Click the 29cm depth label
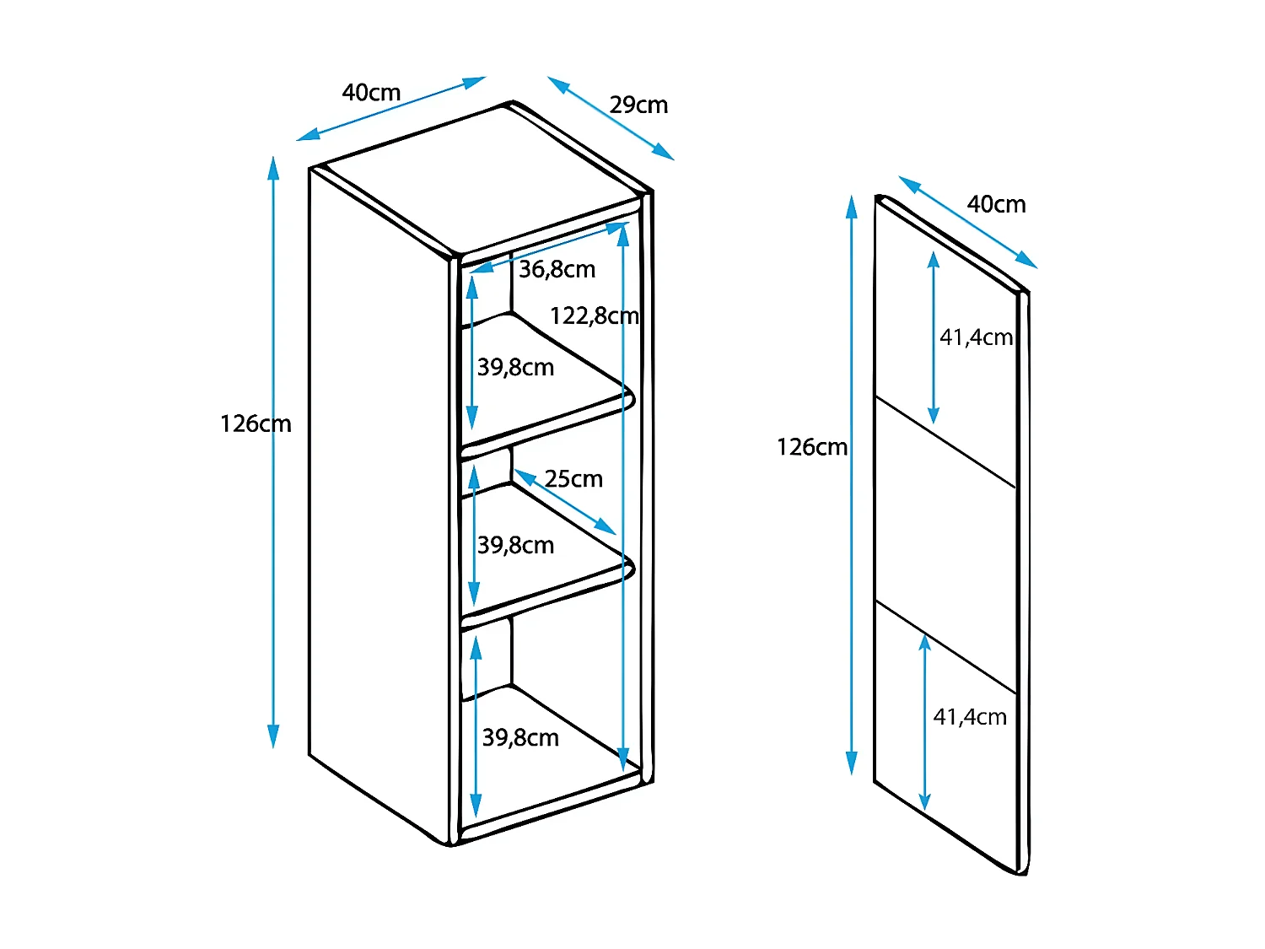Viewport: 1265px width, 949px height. (638, 105)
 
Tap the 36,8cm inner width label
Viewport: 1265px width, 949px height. (557, 270)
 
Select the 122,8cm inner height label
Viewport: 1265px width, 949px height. (594, 316)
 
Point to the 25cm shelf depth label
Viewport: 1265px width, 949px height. (573, 479)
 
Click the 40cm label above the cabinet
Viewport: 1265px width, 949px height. (371, 93)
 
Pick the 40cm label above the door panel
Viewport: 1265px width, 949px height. (996, 205)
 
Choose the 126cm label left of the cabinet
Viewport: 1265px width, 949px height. (255, 423)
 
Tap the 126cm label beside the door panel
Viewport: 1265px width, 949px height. (811, 447)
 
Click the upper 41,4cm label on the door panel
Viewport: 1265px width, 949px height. (976, 337)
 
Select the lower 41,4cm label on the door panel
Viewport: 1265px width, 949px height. (970, 717)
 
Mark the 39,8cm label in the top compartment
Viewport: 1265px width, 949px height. (515, 368)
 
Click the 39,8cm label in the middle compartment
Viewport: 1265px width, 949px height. (515, 546)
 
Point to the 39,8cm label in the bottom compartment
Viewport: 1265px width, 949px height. (520, 738)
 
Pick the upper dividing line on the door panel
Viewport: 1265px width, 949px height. (945, 442)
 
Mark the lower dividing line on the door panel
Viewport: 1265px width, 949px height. (945, 647)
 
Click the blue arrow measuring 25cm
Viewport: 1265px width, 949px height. (565, 503)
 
